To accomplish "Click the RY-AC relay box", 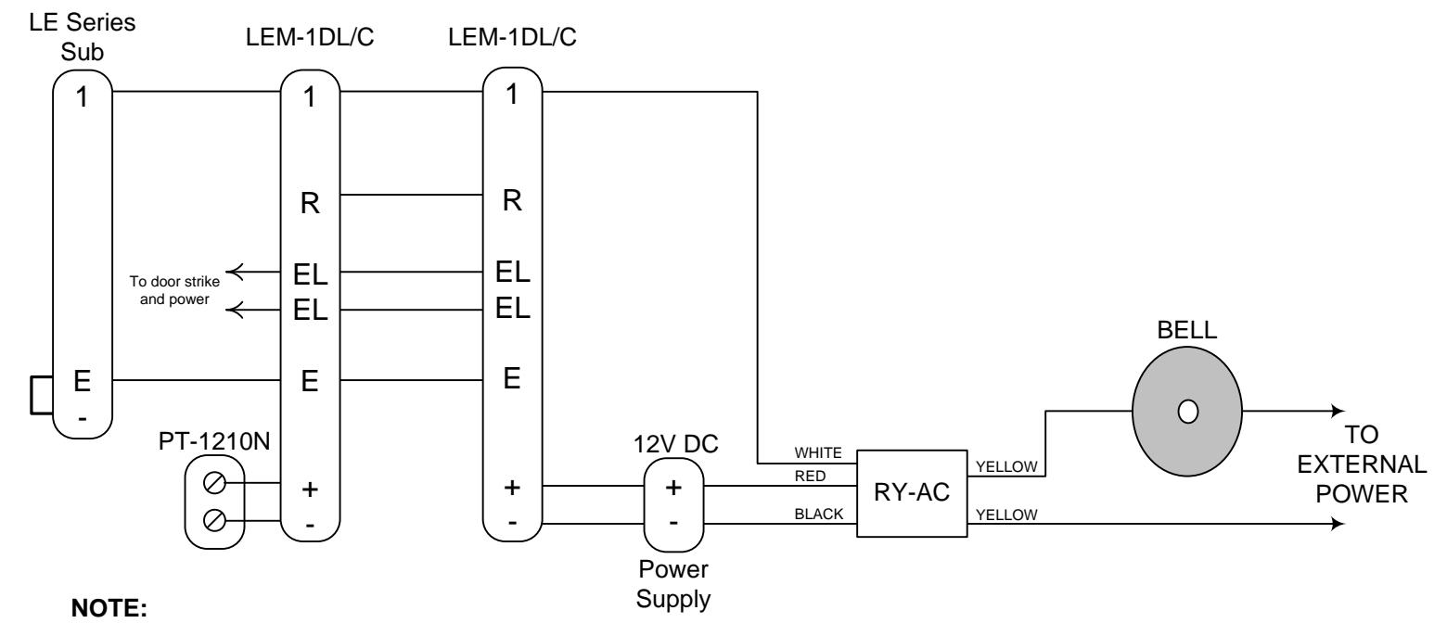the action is point(912,493).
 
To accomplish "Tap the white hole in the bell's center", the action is point(1188,412).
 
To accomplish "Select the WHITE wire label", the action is point(818,452).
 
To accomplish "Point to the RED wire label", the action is point(810,476).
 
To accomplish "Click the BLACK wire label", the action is point(818,514).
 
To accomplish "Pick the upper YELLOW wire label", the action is point(1006,466).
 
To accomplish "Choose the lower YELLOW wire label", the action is point(1006,515).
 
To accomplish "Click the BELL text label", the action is point(1186,330).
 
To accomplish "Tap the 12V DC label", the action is point(675,444).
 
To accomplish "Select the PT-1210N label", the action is point(214,441).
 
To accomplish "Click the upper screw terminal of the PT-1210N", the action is point(214,482).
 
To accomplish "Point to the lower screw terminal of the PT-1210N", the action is point(214,520).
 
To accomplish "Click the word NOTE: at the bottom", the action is point(109,608).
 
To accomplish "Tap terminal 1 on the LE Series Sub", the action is point(82,97).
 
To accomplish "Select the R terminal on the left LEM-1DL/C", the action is point(310,203).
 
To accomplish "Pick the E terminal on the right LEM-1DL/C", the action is point(512,378).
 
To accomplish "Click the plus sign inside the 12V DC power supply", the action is point(673,488).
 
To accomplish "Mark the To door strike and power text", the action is point(174,290).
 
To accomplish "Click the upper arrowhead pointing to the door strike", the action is point(233,272).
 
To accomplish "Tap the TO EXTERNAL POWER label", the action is point(1361,464).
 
